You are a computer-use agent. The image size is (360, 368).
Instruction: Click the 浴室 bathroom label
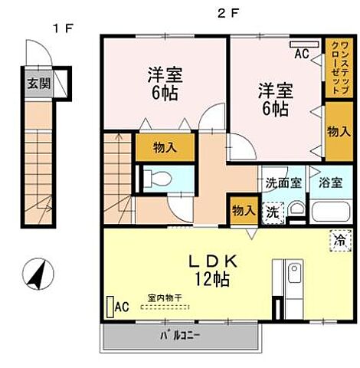pos(330,183)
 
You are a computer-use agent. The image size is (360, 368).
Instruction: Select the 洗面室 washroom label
pos(283,183)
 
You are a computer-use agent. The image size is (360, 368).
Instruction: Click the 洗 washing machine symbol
pos(272,212)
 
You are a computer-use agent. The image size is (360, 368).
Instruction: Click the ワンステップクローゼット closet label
pos(338,67)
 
